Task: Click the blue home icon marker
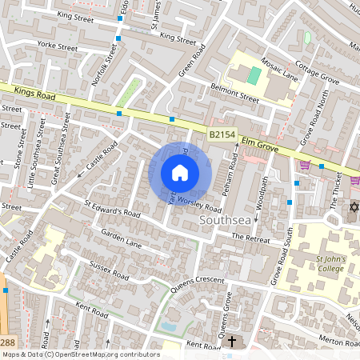point(180,173)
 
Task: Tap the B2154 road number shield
point(222,136)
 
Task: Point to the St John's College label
point(330,263)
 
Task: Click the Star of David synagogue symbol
point(352,208)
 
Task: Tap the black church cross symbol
point(232,342)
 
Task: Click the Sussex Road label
point(109,270)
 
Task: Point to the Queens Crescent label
point(196,282)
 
